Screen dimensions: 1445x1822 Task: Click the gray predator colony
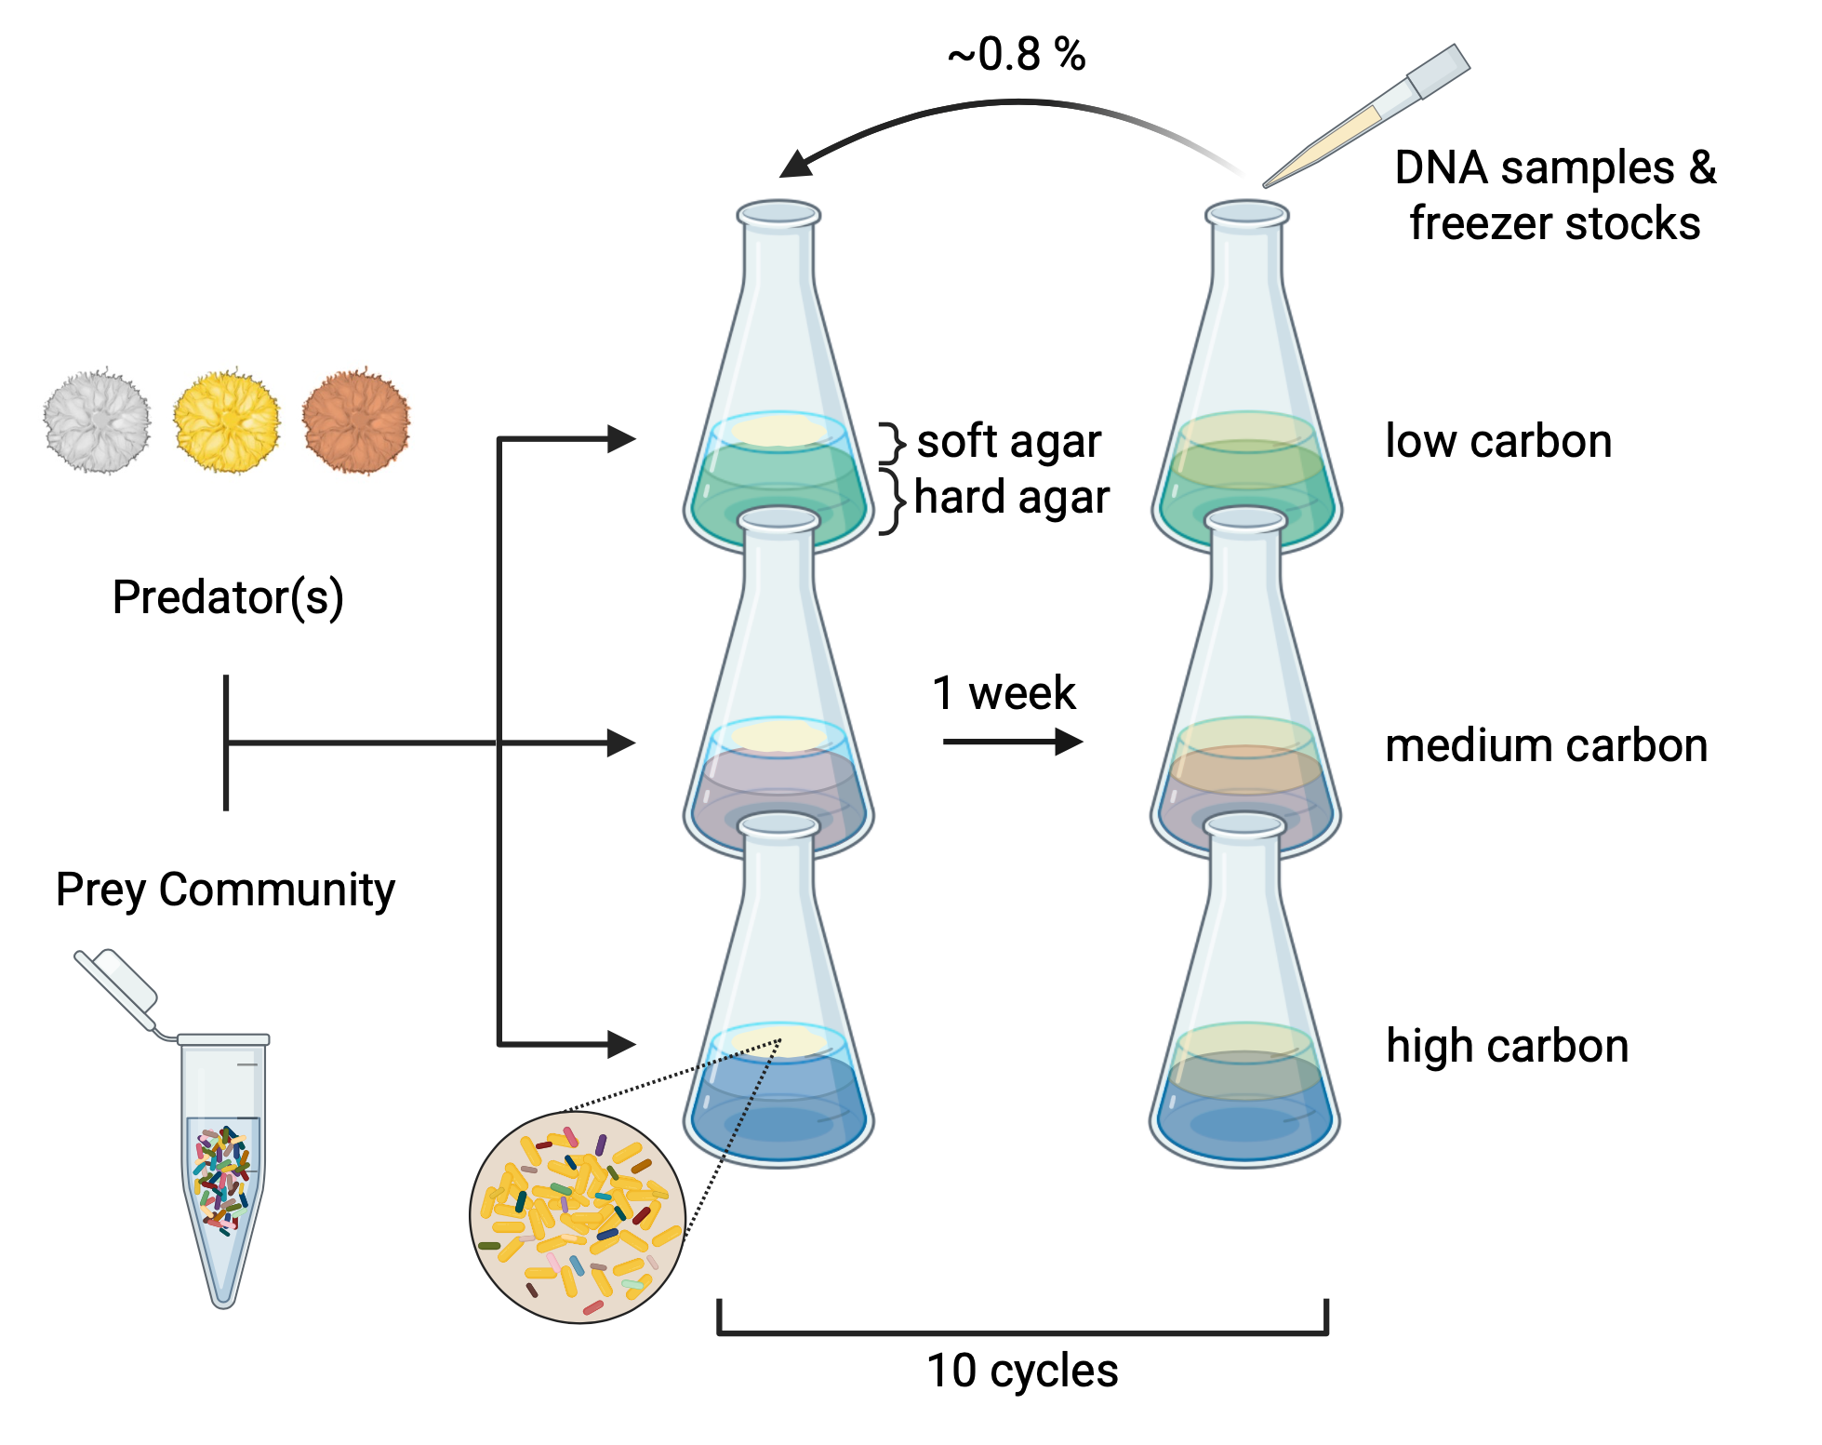point(97,421)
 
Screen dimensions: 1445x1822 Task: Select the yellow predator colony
point(226,421)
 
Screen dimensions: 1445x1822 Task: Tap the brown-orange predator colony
point(356,421)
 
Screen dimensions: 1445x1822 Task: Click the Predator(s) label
point(228,597)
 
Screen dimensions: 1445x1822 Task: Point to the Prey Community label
point(225,890)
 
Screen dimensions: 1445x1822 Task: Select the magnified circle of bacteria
point(578,1217)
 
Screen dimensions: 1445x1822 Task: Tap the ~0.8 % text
point(1017,55)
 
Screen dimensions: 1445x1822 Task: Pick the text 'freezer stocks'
point(1554,224)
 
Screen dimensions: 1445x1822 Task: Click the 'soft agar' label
point(1009,441)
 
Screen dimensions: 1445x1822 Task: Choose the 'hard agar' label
point(1012,498)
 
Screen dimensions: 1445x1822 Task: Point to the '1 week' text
point(1004,693)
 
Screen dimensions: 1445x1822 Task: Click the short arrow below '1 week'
point(1013,742)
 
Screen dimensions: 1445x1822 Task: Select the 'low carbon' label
point(1498,441)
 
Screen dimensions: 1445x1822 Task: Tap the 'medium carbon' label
point(1546,746)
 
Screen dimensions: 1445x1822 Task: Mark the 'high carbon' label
point(1507,1046)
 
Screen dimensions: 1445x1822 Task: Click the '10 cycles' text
point(1022,1371)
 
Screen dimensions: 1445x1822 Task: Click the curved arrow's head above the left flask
point(796,165)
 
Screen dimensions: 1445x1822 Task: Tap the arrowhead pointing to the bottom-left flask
point(620,1044)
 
